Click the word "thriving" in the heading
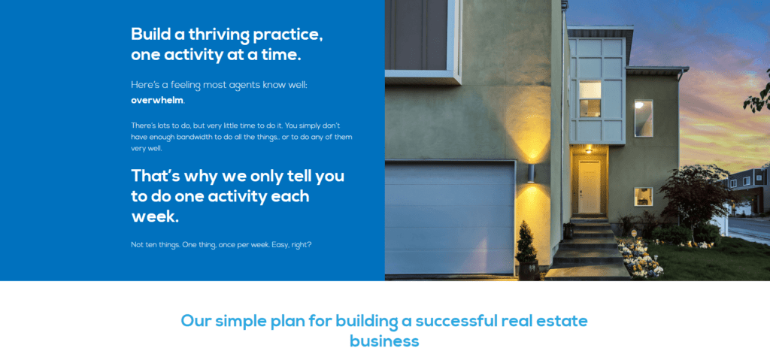pyautogui.click(x=219, y=35)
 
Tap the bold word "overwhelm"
pyautogui.click(x=157, y=100)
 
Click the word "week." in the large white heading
pyautogui.click(x=155, y=216)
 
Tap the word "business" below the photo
pyautogui.click(x=384, y=341)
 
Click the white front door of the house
pyautogui.click(x=589, y=187)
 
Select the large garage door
pyautogui.click(x=450, y=218)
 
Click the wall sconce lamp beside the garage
pyautogui.click(x=531, y=174)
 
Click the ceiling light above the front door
pyautogui.click(x=588, y=151)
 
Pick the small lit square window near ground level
pyautogui.click(x=644, y=196)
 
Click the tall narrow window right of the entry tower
pyautogui.click(x=644, y=118)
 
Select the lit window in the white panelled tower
pyautogui.click(x=590, y=99)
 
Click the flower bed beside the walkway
pyautogui.click(x=640, y=259)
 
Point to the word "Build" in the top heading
pyautogui.click(x=149, y=35)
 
